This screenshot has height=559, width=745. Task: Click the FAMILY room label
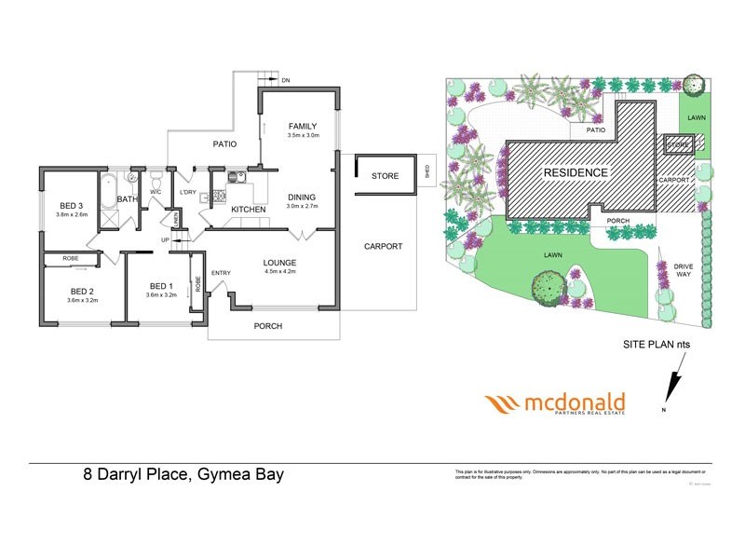pos(303,126)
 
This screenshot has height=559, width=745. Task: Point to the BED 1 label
pos(159,286)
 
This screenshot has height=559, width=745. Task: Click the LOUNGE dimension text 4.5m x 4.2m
pos(279,272)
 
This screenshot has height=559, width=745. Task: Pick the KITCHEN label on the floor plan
pos(249,210)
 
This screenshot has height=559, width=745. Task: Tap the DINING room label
pos(301,198)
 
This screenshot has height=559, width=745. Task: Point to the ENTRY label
pos(221,273)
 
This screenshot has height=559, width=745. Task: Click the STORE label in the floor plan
pos(385,176)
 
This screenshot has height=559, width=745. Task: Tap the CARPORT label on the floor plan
pos(383,247)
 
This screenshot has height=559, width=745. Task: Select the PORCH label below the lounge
pos(267,326)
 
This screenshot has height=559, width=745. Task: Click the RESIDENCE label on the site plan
pos(576,172)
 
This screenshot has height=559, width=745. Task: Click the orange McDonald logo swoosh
pos(504,404)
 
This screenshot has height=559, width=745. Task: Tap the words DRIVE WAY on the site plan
pos(684,271)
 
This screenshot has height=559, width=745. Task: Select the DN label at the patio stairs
pos(285,81)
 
